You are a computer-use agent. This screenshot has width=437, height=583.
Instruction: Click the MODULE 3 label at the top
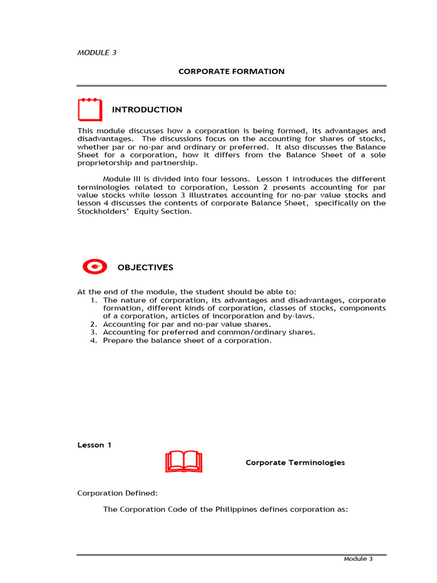[x=97, y=53]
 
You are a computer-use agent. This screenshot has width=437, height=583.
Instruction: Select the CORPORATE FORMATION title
[x=231, y=72]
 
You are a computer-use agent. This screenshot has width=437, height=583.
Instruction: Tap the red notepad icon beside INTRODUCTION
[x=90, y=109]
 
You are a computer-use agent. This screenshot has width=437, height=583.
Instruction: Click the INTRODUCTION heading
[x=147, y=110]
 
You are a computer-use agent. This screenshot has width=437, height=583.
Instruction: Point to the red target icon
[x=94, y=266]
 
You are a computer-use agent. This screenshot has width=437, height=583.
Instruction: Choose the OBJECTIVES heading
[x=145, y=268]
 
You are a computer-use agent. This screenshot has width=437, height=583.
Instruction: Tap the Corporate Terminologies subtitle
[x=295, y=462]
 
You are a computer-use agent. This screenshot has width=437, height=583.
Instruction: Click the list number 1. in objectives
[x=94, y=300]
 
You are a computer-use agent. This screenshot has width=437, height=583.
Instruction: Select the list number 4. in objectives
[x=94, y=340]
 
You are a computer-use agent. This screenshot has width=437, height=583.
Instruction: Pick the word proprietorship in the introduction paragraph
[x=102, y=163]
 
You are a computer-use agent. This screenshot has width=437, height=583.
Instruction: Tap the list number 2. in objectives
[x=94, y=324]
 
